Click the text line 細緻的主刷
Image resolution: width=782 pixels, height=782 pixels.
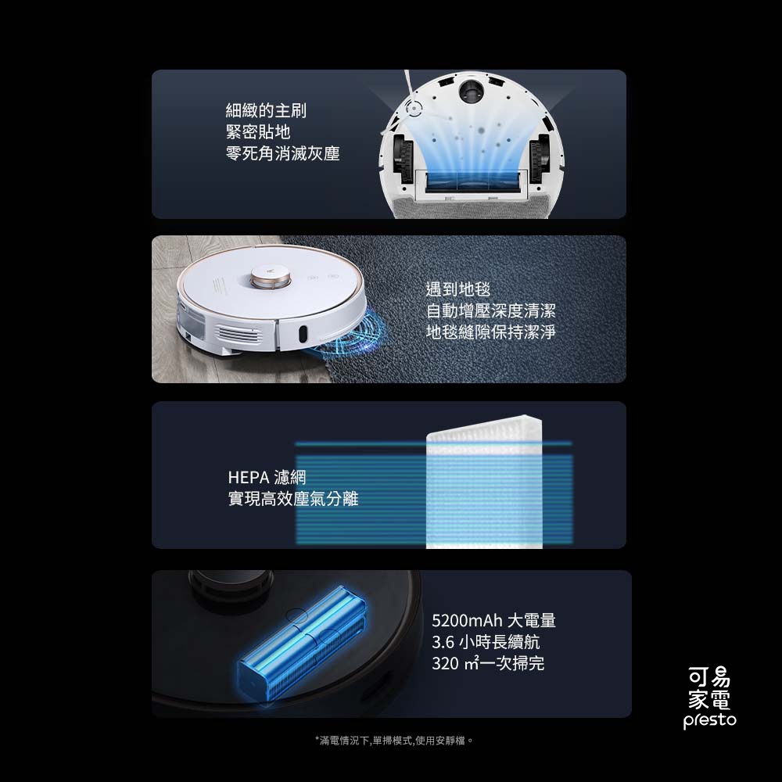(x=266, y=111)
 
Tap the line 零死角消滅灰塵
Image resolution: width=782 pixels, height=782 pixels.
(x=282, y=153)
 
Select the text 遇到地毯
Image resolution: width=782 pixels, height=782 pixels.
(x=458, y=289)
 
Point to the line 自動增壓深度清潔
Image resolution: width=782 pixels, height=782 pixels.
(x=490, y=310)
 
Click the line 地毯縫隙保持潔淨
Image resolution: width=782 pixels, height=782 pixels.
(x=490, y=332)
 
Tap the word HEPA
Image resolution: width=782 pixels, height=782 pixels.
(x=248, y=477)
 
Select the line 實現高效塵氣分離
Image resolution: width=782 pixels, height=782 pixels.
(x=293, y=498)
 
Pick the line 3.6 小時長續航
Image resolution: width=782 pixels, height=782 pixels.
(x=486, y=642)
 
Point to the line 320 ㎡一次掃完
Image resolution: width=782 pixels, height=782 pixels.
(x=488, y=664)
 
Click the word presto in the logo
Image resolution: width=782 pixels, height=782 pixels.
(x=709, y=720)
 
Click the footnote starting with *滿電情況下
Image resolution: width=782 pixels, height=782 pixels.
(x=394, y=740)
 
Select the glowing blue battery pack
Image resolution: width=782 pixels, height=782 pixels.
(x=301, y=641)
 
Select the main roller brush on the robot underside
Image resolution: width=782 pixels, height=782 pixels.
(x=471, y=181)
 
